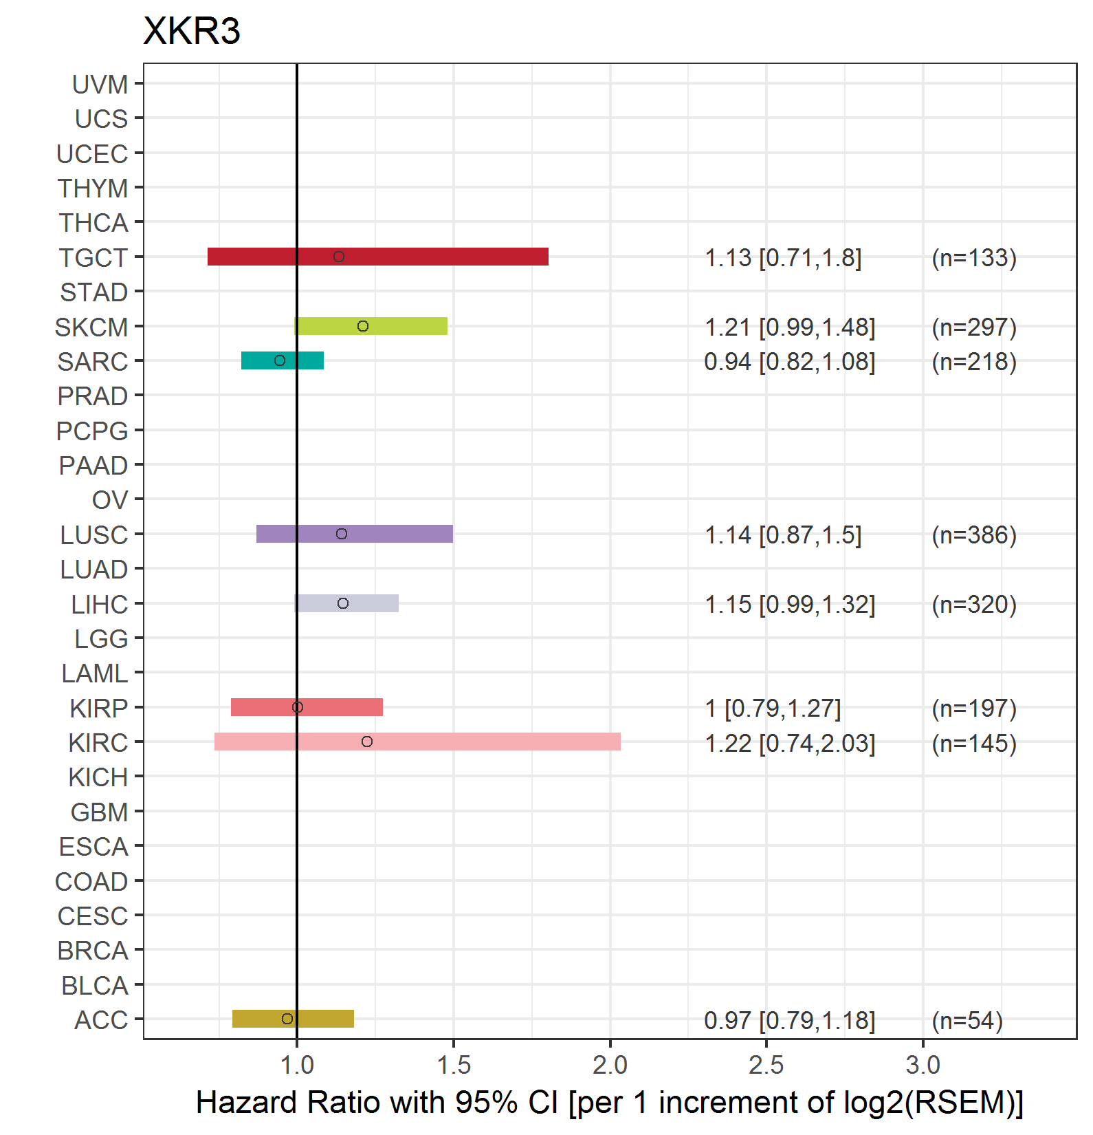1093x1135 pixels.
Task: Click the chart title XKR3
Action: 192,31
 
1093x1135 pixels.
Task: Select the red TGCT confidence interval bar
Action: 378,257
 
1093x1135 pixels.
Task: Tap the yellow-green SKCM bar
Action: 371,326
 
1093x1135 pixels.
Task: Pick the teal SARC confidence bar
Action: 283,360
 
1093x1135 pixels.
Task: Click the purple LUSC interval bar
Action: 355,534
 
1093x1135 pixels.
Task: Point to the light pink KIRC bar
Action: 417,742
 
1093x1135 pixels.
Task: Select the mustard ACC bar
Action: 293,1019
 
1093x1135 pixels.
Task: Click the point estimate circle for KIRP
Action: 298,707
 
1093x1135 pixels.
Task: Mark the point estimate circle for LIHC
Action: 343,603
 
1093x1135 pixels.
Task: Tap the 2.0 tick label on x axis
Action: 610,1065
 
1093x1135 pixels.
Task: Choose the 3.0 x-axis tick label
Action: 923,1065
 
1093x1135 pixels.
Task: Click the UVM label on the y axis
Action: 100,85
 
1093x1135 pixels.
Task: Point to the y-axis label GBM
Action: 100,812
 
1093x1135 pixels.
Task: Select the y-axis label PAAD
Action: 93,466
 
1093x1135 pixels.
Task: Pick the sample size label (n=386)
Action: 974,534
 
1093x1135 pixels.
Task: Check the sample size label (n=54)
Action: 967,1020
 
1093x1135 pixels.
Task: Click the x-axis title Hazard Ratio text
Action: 610,1103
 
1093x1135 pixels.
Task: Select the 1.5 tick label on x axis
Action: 454,1065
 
